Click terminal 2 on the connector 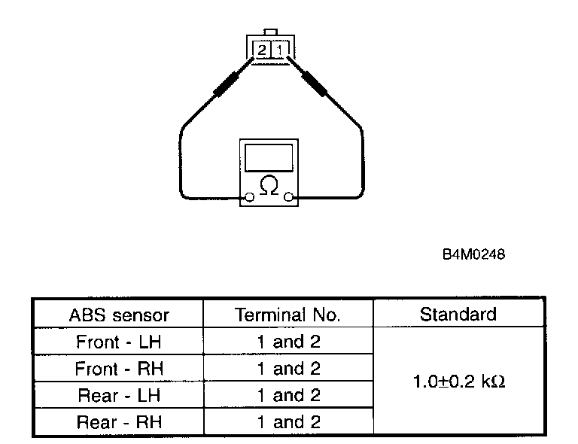(262, 50)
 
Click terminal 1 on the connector (278, 50)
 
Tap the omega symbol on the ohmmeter (268, 185)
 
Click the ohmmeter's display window (268, 157)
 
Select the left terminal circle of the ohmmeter (248, 199)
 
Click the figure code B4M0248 (473, 254)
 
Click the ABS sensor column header (119, 315)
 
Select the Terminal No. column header (287, 315)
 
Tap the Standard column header (458, 314)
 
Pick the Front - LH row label (119, 342)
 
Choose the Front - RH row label (119, 369)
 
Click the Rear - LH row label (119, 395)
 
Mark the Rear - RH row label (119, 422)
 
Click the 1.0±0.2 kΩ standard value (458, 382)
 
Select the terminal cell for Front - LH (288, 342)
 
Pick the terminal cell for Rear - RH (288, 422)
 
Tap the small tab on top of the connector (270, 33)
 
